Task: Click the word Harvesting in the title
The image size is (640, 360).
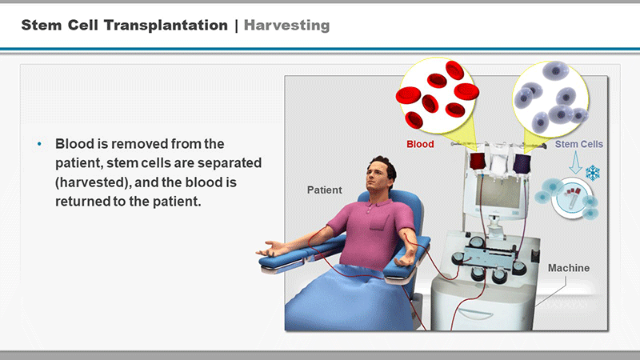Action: click(x=286, y=26)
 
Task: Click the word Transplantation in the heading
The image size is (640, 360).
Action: click(x=166, y=26)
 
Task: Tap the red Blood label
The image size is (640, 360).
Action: click(x=420, y=144)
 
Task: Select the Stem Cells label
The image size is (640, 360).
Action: click(x=578, y=144)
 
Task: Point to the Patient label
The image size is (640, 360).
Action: click(x=325, y=190)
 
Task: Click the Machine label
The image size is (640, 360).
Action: click(x=569, y=268)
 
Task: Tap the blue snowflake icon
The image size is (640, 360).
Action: click(x=593, y=173)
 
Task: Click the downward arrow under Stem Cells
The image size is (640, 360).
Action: click(x=575, y=162)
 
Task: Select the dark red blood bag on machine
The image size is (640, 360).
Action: click(x=477, y=162)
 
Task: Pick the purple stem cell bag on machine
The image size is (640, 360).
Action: click(x=522, y=163)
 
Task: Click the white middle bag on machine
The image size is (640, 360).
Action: click(x=498, y=163)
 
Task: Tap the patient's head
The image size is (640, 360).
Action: click(x=381, y=173)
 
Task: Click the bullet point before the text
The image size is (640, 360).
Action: click(x=39, y=144)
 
